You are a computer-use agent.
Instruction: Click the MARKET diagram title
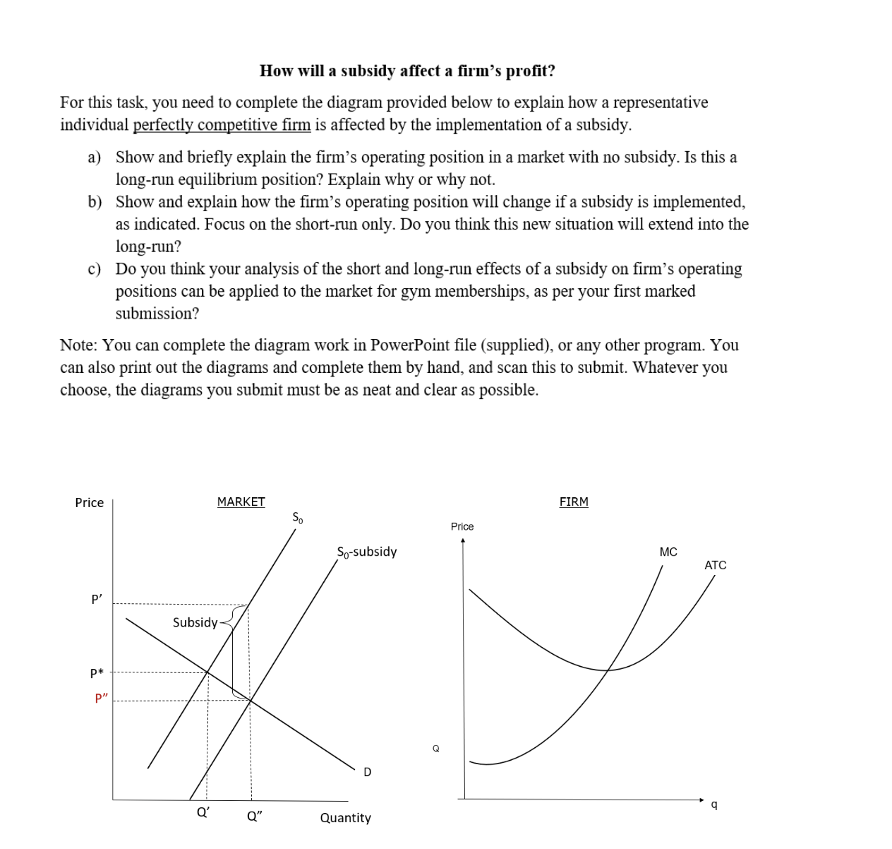coord(241,501)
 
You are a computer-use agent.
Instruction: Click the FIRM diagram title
coord(573,501)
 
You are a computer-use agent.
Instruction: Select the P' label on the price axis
coord(97,599)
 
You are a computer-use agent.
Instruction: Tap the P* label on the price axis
coord(97,673)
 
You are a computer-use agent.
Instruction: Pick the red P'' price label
coord(102,699)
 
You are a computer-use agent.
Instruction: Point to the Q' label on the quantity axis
coord(203,812)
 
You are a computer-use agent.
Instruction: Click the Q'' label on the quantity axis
coord(254,817)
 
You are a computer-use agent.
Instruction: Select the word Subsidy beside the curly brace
coord(195,622)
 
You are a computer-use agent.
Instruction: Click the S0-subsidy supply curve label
coord(366,552)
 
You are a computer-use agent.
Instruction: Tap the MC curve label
coord(668,552)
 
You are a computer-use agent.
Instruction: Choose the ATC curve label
coord(715,565)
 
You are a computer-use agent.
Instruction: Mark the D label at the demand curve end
coord(367,772)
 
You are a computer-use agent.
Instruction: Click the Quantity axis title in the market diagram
coord(345,818)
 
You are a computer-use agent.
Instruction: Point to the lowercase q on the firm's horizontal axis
coord(714,805)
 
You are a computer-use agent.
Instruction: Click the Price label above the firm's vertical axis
coord(462,526)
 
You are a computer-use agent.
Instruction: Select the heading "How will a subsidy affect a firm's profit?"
coord(407,71)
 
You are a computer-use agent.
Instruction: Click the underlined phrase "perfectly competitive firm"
coord(222,125)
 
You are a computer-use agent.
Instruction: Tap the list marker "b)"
coord(95,202)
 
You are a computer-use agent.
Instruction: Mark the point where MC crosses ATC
coord(608,670)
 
